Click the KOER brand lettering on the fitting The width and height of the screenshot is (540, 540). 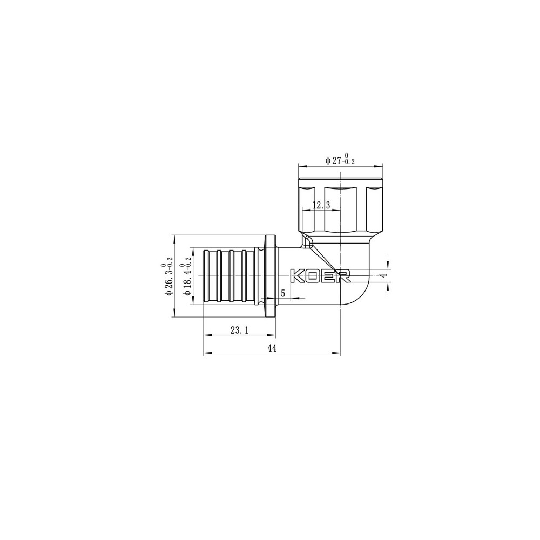coord(321,275)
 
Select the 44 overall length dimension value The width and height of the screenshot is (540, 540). coord(272,349)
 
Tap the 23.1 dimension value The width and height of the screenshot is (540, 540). coord(239,330)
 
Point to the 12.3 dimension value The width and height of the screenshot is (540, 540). coord(321,205)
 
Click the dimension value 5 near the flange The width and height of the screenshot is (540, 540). coord(282,293)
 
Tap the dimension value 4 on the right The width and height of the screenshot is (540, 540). coord(383,275)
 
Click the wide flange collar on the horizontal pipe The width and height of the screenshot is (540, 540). coord(271,275)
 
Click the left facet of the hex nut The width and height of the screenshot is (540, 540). coord(307,208)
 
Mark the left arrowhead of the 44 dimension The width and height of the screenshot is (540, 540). coord(206,354)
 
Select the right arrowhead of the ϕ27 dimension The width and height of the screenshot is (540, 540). coord(381,166)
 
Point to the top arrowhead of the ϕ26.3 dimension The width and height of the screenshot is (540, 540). coord(173,237)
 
